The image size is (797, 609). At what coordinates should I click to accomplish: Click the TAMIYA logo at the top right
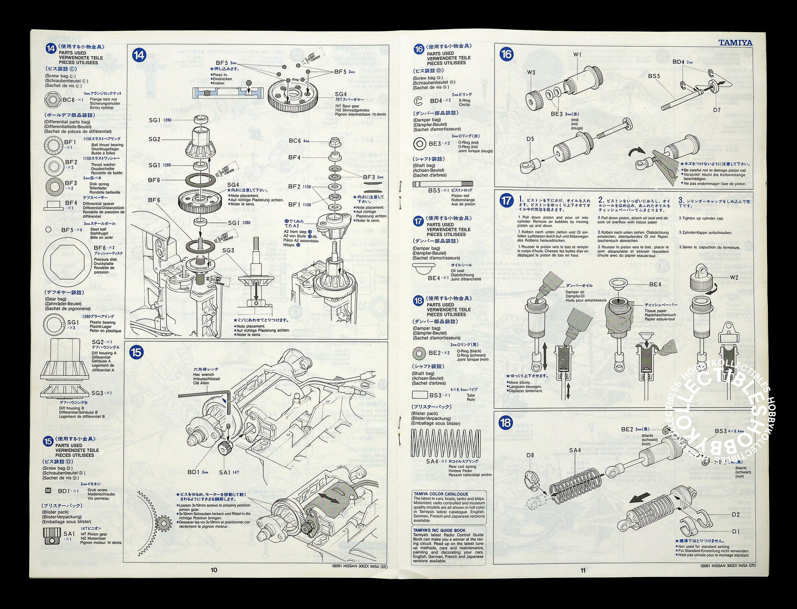(736, 43)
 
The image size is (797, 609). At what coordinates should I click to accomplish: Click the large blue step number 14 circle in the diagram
(139, 55)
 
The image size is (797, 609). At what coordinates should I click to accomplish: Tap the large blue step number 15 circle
(136, 352)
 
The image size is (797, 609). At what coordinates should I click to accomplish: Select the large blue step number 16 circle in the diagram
(507, 54)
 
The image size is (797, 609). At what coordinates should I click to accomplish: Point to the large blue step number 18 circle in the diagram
(506, 423)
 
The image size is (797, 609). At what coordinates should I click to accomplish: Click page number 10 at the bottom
(214, 570)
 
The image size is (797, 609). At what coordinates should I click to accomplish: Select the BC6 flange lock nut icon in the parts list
(52, 99)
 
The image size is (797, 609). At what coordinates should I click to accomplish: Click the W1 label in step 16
(577, 55)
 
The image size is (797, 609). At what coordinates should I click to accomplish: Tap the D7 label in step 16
(716, 110)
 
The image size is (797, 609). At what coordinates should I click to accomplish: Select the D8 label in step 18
(530, 455)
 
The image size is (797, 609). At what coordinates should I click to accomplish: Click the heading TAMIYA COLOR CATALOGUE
(441, 494)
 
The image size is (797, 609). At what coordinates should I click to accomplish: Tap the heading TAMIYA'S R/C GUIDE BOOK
(439, 530)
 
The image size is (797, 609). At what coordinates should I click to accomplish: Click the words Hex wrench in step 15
(203, 375)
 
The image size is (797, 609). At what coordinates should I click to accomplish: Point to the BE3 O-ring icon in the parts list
(420, 144)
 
